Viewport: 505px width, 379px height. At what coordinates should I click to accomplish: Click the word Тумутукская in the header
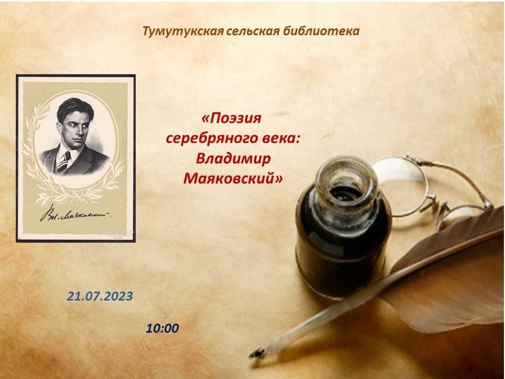click(x=183, y=31)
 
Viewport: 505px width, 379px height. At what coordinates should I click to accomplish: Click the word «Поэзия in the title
click(x=231, y=118)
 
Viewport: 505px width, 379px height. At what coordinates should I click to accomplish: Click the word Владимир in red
click(x=233, y=158)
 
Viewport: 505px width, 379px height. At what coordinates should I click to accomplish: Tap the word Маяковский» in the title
click(x=233, y=178)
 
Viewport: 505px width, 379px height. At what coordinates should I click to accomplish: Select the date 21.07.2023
click(x=100, y=296)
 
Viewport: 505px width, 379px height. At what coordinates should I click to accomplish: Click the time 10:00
click(x=163, y=328)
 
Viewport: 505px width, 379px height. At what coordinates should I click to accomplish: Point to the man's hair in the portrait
click(x=75, y=107)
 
